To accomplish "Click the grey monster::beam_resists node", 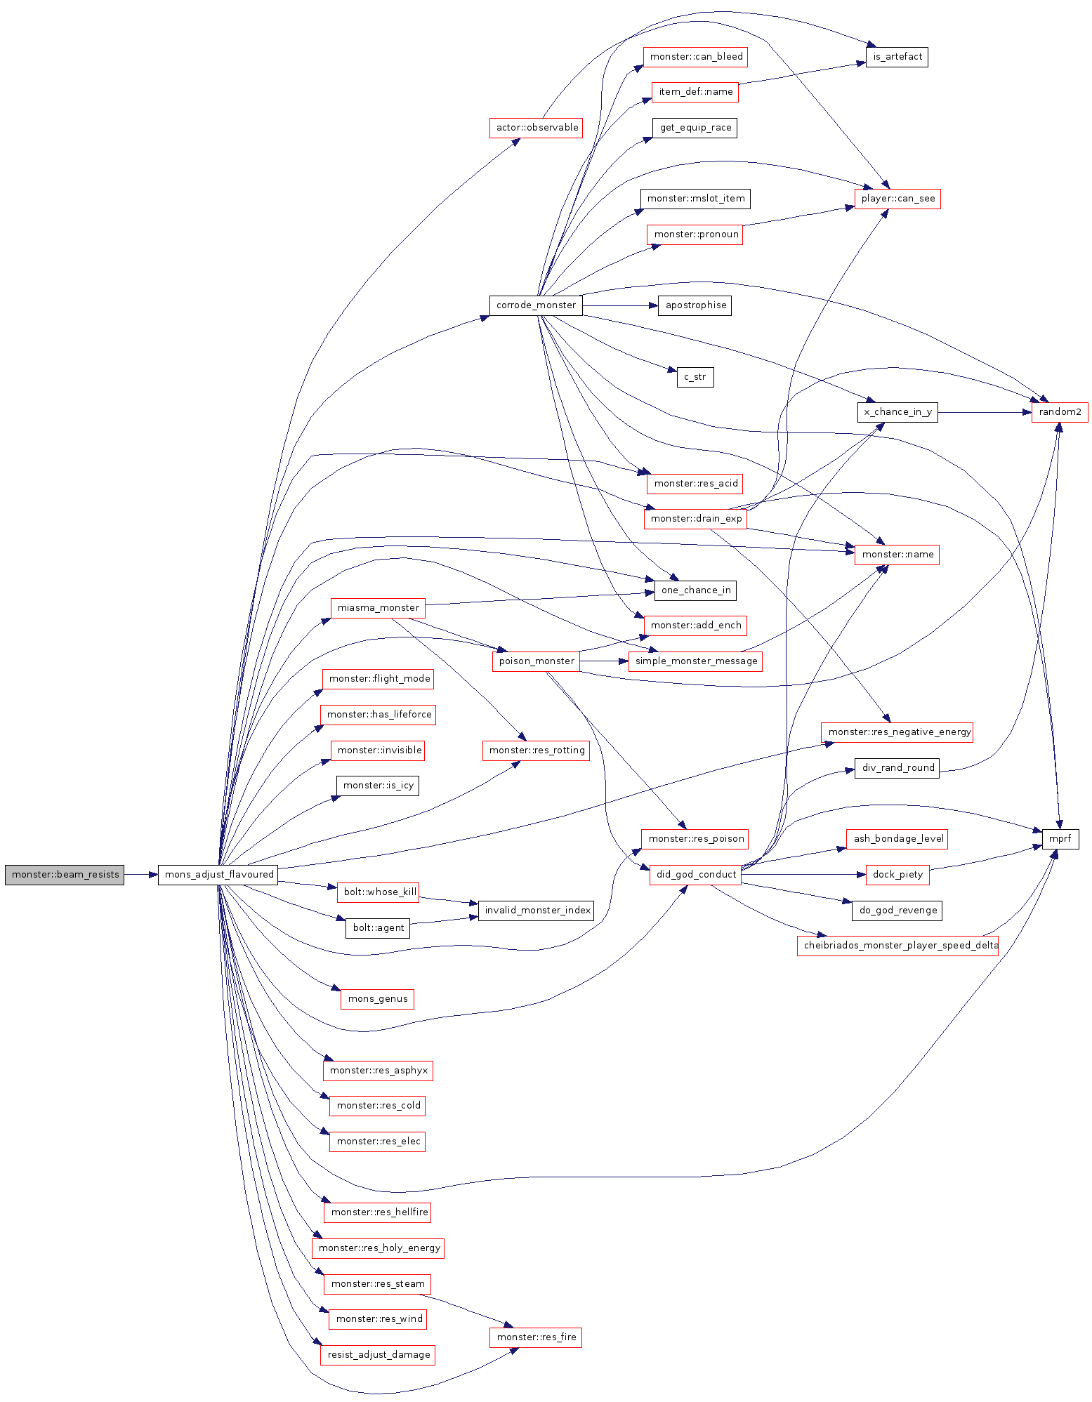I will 65,875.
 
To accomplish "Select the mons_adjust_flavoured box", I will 218,875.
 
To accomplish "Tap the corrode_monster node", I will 536,305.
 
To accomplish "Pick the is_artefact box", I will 897,57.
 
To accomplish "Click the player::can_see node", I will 897,199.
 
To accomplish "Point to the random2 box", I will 1059,412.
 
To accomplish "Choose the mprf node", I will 1060,839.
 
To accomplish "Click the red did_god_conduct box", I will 695,875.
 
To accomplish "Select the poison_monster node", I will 536,661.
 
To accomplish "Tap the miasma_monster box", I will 378,608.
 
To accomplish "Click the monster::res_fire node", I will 536,1337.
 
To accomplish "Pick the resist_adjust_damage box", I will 378,1355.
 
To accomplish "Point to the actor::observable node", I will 536,128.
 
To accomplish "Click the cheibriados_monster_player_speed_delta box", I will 897,946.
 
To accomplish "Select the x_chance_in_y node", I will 897,412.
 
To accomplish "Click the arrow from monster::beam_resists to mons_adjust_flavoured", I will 141,875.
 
